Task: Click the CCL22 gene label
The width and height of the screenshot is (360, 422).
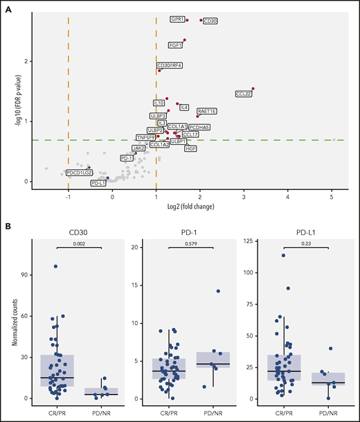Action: pos(244,94)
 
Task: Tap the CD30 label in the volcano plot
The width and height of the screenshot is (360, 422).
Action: pos(210,21)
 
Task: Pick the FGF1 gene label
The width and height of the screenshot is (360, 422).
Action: pos(176,45)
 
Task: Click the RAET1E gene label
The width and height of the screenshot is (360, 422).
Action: pos(207,111)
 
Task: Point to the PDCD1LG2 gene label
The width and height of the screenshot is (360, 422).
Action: pos(79,172)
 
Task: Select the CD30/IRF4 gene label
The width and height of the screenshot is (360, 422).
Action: pos(170,65)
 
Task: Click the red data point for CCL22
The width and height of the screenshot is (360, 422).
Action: pos(253,89)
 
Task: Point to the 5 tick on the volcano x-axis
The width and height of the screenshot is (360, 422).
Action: pos(332,197)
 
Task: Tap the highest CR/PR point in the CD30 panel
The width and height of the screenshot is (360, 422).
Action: pos(55,266)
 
